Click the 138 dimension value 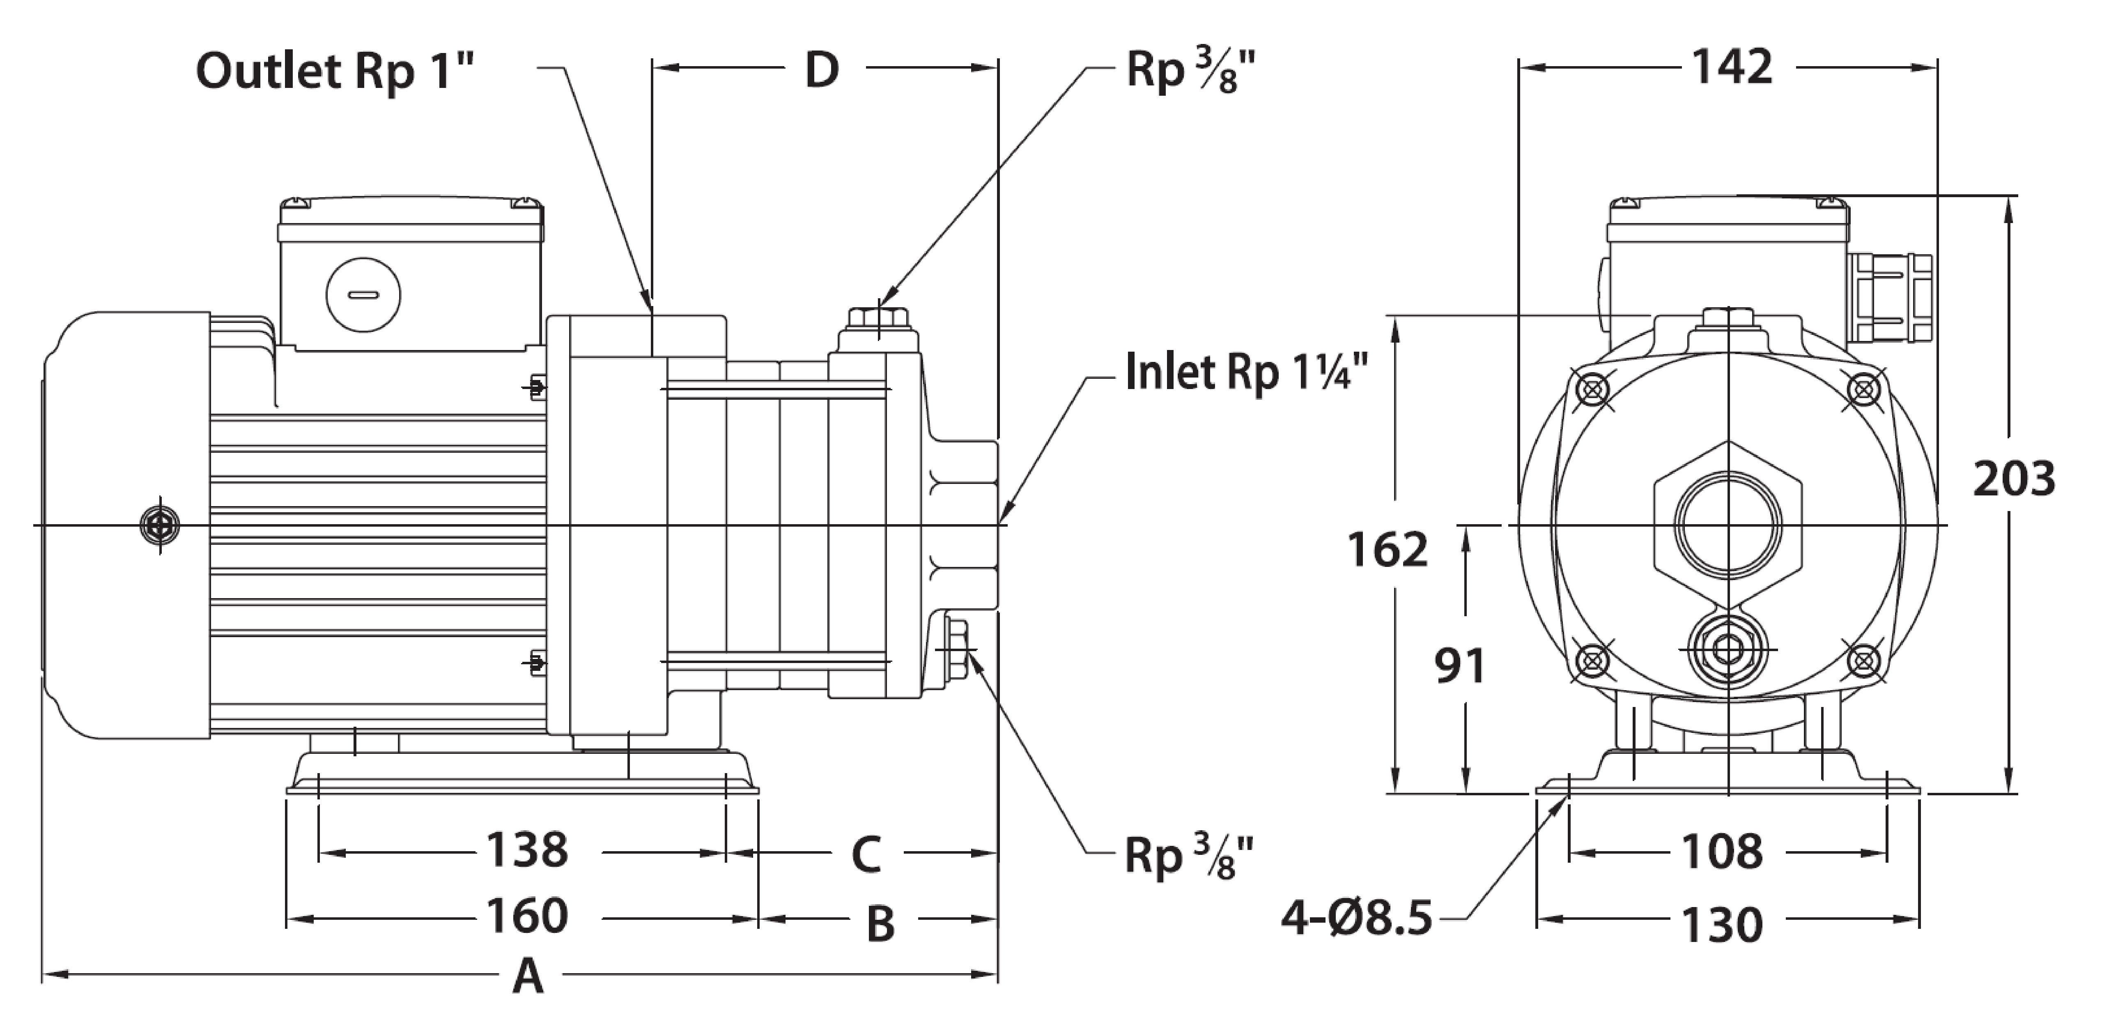click(x=527, y=850)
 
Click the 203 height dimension click(x=2013, y=479)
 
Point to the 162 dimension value click(x=1387, y=549)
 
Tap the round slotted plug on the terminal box click(x=363, y=295)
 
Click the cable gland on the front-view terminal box click(x=1889, y=297)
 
